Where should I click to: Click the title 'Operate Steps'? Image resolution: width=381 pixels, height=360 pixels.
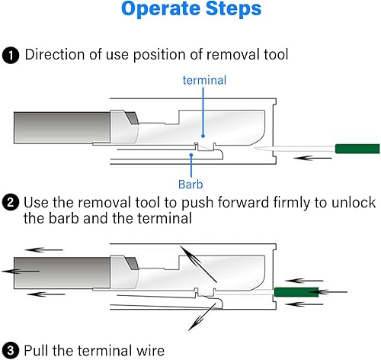pyautogui.click(x=191, y=8)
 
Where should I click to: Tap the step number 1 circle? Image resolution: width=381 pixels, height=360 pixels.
pyautogui.click(x=11, y=55)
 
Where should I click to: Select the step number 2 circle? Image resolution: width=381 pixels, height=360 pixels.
pyautogui.click(x=11, y=203)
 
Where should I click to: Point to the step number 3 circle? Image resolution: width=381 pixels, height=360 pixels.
pyautogui.click(x=11, y=350)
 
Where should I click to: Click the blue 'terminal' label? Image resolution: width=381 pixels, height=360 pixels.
pyautogui.click(x=204, y=80)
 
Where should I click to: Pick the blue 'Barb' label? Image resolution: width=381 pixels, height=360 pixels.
pyautogui.click(x=190, y=185)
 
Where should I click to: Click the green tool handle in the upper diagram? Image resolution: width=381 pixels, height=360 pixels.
pyautogui.click(x=357, y=149)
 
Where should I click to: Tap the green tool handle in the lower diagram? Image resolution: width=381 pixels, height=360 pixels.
pyautogui.click(x=296, y=292)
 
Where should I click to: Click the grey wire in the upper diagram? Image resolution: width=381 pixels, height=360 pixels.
pyautogui.click(x=62, y=127)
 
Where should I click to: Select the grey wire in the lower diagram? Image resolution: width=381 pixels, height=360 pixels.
pyautogui.click(x=62, y=273)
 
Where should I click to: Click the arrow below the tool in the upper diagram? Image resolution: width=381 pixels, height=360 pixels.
pyautogui.click(x=312, y=158)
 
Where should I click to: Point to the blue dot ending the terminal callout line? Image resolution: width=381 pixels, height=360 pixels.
pyautogui.click(x=203, y=136)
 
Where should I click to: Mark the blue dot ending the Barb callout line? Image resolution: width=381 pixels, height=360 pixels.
pyautogui.click(x=191, y=155)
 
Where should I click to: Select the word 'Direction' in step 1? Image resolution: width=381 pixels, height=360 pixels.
pyautogui.click(x=55, y=55)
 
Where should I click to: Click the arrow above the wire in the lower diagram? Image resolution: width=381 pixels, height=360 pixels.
pyautogui.click(x=44, y=250)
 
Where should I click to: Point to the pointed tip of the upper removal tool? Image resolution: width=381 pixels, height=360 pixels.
pyautogui.click(x=255, y=148)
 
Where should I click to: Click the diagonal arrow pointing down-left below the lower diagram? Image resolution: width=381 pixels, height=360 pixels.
pyautogui.click(x=202, y=317)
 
